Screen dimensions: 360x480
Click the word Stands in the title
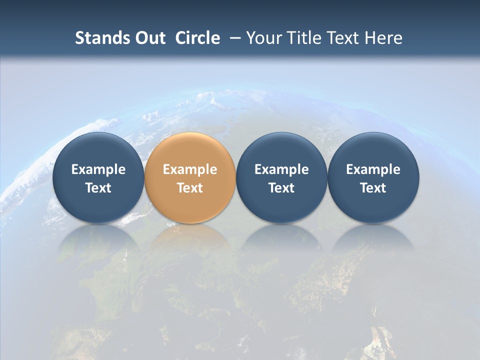(99, 38)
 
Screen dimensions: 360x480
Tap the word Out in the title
(149, 38)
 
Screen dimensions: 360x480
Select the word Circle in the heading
(197, 38)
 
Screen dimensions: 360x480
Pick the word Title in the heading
(303, 38)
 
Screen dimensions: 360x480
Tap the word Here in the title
(384, 38)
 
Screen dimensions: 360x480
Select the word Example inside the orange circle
(190, 169)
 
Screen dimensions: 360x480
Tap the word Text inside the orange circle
(190, 188)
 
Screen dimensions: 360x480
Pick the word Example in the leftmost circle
(98, 169)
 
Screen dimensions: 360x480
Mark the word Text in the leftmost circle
(98, 188)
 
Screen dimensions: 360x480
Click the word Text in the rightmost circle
(373, 188)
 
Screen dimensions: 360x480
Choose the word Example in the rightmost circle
(373, 169)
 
